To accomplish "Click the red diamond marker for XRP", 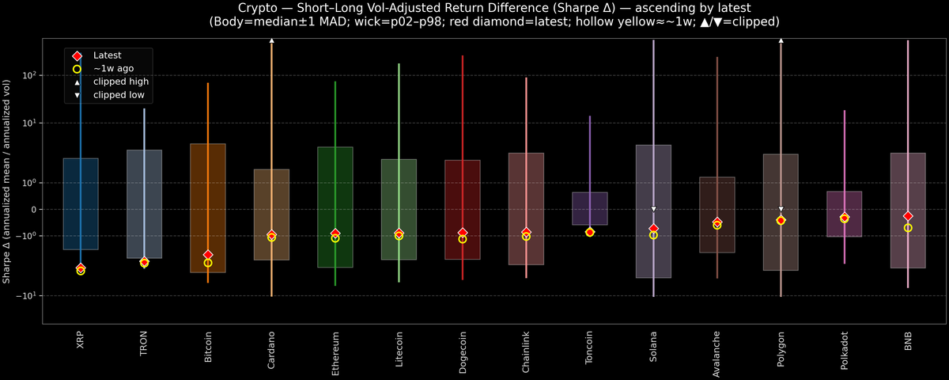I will pos(81,268).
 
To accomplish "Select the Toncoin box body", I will pos(590,208).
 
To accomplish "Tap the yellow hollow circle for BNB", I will pos(908,228).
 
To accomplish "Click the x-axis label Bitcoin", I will pos(208,348).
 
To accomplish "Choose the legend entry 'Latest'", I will pos(108,55).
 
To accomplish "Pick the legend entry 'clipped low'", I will pos(119,95).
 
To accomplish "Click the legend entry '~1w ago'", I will pos(112,69).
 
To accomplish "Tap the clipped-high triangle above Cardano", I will pos(271,40).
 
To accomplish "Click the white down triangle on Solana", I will pos(653,209).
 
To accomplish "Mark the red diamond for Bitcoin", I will pos(208,255).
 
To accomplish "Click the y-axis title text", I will pos(7,181).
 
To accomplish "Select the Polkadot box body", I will pos(845,214).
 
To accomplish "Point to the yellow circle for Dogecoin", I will pos(463,239).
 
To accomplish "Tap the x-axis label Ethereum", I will pos(335,349).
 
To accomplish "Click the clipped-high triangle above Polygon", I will pos(781,40).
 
